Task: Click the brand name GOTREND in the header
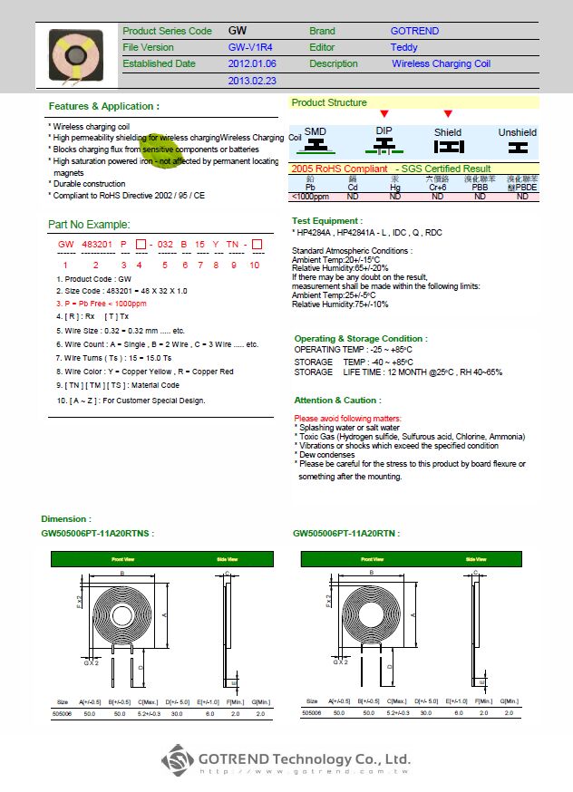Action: pyautogui.click(x=414, y=31)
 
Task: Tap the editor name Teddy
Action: pyautogui.click(x=403, y=47)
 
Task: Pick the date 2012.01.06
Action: pyautogui.click(x=252, y=64)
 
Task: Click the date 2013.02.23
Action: pyautogui.click(x=252, y=81)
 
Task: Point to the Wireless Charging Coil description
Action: pyautogui.click(x=441, y=64)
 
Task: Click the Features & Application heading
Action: pyautogui.click(x=103, y=106)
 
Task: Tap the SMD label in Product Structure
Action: pyautogui.click(x=315, y=131)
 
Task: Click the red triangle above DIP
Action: pyautogui.click(x=384, y=114)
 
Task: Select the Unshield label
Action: pyautogui.click(x=517, y=132)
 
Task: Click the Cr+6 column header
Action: pyautogui.click(x=437, y=188)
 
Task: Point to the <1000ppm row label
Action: pyautogui.click(x=309, y=196)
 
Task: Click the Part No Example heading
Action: pyautogui.click(x=89, y=225)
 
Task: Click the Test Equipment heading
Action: pyautogui.click(x=327, y=221)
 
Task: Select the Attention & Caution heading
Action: pyautogui.click(x=336, y=400)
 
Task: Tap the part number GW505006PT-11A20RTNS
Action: pyautogui.click(x=98, y=534)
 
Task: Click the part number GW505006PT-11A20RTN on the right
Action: pyautogui.click(x=346, y=534)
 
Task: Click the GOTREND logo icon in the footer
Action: pyautogui.click(x=178, y=759)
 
